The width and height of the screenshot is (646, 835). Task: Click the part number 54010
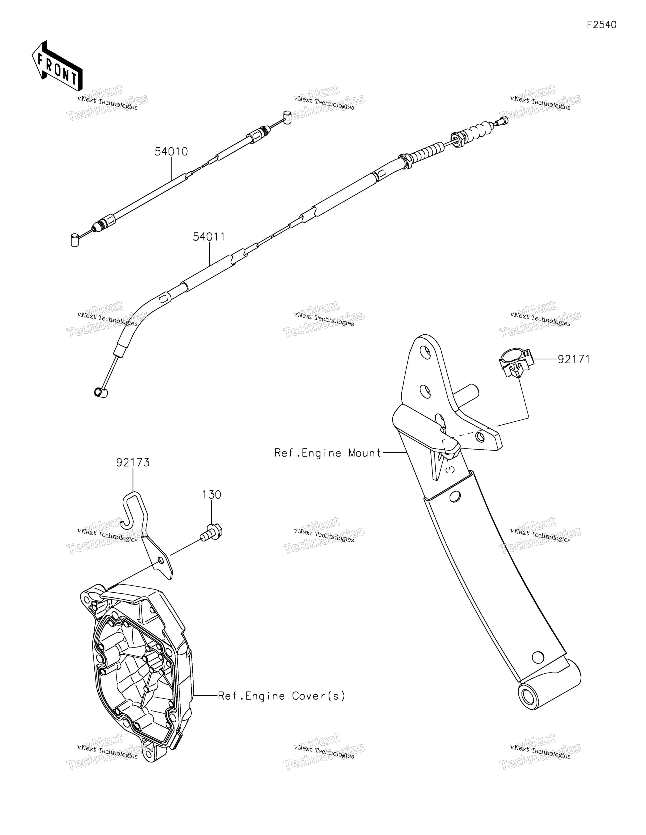[171, 152]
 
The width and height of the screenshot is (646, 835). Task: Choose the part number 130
[212, 495]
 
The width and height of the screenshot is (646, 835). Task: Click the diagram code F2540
[602, 25]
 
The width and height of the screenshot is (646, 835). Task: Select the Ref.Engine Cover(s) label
[282, 696]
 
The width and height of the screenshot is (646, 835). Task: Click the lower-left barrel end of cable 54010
[75, 239]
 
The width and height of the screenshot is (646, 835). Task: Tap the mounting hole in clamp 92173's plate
[160, 560]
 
